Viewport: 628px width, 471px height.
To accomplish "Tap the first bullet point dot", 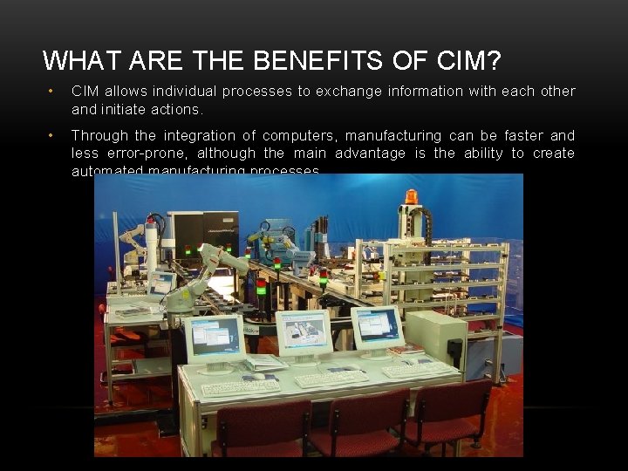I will coord(51,92).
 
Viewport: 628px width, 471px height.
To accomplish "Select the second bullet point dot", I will coord(51,136).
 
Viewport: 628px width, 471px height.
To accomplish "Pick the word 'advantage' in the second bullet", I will coord(371,154).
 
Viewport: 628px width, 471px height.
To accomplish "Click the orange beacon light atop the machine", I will coord(411,196).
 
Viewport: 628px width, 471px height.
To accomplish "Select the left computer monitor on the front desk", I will coord(215,338).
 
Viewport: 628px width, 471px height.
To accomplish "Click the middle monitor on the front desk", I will coord(303,332).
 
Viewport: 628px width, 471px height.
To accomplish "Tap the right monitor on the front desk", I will coord(376,327).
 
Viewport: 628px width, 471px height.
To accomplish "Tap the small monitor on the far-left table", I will coord(161,283).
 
